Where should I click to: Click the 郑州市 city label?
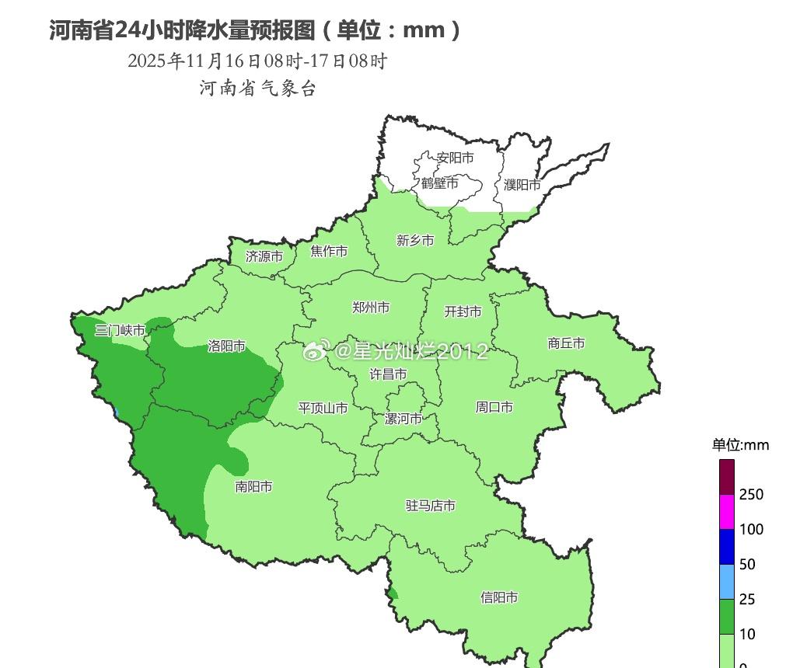tap(371, 308)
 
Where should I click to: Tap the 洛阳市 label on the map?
tap(227, 346)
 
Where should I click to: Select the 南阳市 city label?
tap(254, 487)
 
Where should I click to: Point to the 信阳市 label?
tap(499, 597)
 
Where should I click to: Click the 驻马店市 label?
tap(430, 506)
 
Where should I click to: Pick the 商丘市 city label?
tap(566, 343)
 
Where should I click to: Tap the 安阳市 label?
tap(455, 158)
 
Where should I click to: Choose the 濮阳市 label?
tap(522, 185)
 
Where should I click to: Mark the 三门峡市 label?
tap(121, 330)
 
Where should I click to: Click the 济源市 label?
tap(264, 256)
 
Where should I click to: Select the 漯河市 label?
tap(404, 419)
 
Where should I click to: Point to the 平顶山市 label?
tap(323, 408)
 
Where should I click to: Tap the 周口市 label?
tap(494, 406)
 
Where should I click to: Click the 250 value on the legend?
tap(751, 495)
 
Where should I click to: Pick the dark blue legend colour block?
tap(727, 546)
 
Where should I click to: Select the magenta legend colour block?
tap(727, 511)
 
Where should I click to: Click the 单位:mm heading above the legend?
tap(740, 445)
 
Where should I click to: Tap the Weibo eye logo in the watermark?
tap(316, 352)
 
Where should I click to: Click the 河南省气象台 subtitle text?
tap(258, 89)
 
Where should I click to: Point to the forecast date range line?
tap(257, 61)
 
